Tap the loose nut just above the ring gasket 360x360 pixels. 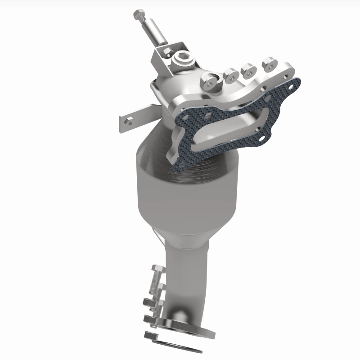point(150,335)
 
